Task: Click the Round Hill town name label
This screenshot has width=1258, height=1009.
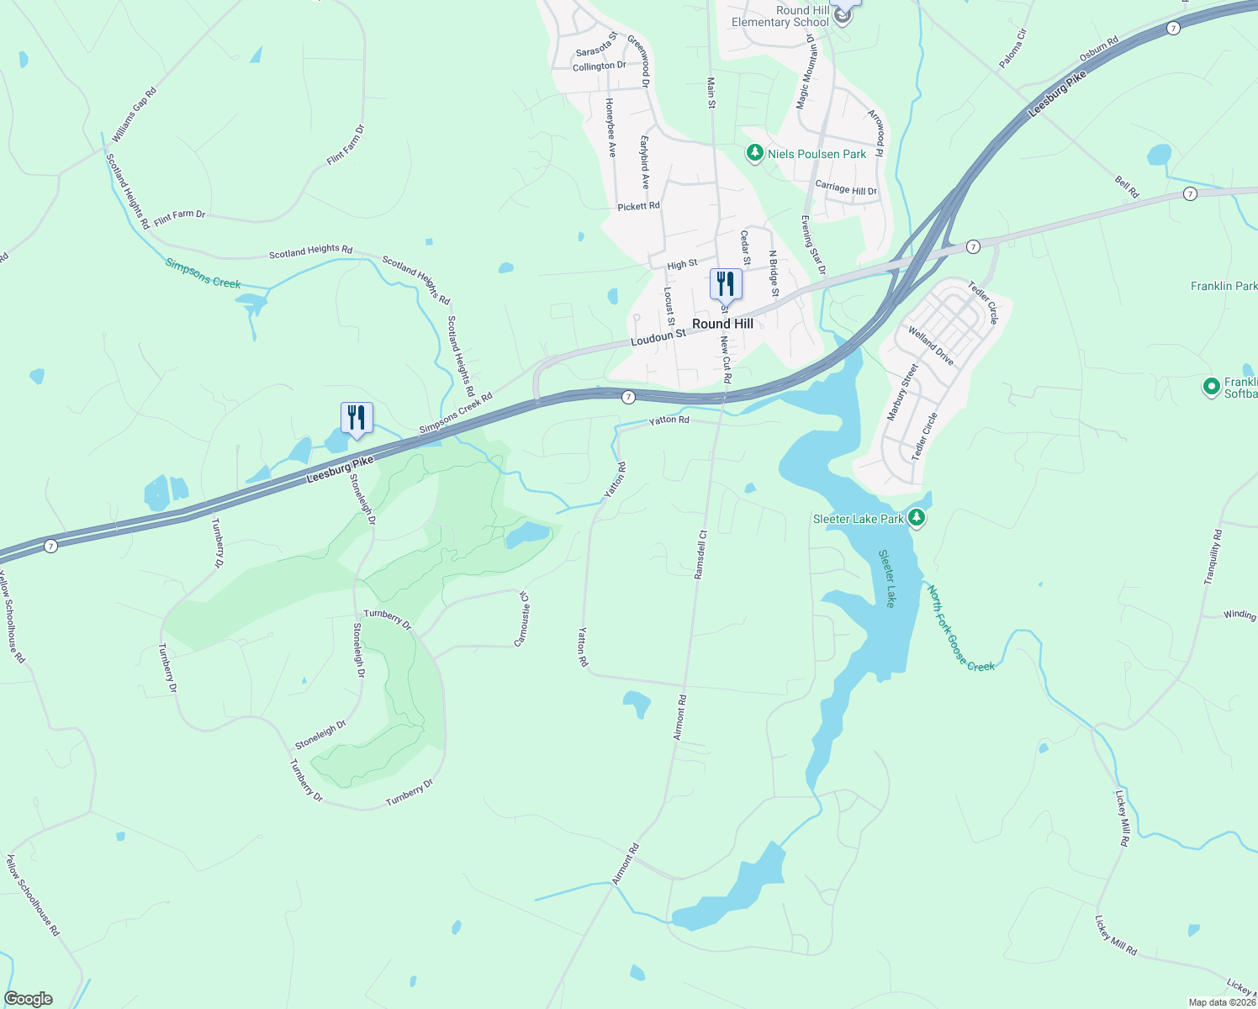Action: (722, 324)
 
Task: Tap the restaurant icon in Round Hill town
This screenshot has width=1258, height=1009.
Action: (726, 284)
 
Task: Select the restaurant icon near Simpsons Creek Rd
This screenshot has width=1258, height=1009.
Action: (357, 418)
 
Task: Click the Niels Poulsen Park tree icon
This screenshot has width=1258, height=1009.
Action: (755, 153)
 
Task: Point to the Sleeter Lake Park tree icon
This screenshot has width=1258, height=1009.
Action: (917, 518)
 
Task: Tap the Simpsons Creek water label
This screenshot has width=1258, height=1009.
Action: (203, 273)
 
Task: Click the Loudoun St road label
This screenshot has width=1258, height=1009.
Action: (658, 336)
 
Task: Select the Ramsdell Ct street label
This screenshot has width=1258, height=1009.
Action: (700, 554)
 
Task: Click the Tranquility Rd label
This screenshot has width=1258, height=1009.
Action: (1213, 557)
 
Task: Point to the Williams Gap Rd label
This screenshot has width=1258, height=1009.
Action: (135, 114)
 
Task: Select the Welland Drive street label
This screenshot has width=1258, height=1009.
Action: (931, 346)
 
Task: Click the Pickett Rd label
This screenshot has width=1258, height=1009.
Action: (638, 206)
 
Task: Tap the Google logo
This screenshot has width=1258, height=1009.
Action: (29, 999)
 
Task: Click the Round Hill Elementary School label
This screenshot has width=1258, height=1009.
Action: (780, 16)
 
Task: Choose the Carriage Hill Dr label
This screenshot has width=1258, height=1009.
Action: (845, 188)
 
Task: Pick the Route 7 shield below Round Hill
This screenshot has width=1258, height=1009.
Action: (628, 397)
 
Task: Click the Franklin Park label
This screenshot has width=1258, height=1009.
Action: (1224, 286)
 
